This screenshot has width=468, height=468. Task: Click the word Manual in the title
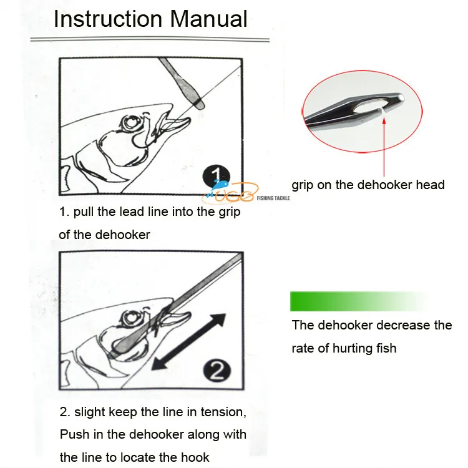(x=208, y=19)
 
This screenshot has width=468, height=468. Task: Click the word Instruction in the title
(x=108, y=19)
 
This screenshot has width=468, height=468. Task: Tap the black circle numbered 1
(x=217, y=176)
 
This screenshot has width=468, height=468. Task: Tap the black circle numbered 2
(x=217, y=371)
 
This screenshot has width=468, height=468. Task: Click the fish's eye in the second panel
(x=130, y=318)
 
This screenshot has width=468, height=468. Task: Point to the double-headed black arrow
(x=188, y=342)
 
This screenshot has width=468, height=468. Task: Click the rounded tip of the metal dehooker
(x=401, y=97)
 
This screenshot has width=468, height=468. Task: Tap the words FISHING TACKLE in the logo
(x=273, y=198)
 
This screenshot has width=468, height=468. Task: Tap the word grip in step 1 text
(x=230, y=212)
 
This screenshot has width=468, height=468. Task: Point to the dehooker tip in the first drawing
(x=200, y=104)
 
